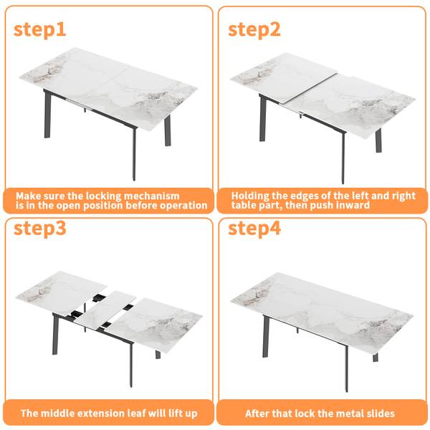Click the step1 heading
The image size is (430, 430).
coord(39,29)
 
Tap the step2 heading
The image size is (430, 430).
coord(254,29)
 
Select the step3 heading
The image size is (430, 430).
coord(39,228)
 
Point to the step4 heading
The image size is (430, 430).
coord(254,228)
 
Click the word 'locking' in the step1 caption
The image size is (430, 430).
coord(103,196)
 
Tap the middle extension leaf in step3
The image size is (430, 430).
coord(105,310)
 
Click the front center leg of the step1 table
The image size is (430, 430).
coord(134,153)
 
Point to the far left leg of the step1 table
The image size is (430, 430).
coord(47,114)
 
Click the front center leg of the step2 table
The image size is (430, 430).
coord(343,158)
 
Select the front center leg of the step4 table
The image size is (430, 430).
coord(346,368)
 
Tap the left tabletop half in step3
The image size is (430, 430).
coord(62,292)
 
